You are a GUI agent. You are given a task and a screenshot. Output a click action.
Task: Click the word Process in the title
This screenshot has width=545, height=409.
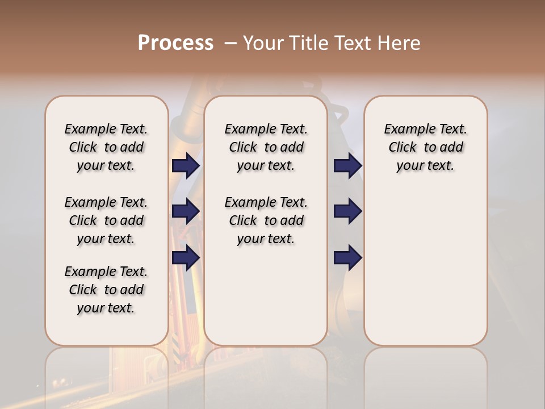coord(175,43)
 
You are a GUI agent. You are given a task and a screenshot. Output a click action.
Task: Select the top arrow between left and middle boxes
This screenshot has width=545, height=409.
coord(186,165)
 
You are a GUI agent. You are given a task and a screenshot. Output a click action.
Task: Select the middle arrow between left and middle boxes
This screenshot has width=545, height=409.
coord(186,211)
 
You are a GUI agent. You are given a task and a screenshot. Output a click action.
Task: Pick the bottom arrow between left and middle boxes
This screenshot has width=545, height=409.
coord(186,257)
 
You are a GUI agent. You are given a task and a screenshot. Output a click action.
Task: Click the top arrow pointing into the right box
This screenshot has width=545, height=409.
coord(347,165)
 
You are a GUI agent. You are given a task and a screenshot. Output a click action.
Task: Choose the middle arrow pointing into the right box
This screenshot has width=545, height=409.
coord(347,211)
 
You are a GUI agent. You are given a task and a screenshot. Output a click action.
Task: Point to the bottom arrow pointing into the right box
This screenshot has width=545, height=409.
coord(347,258)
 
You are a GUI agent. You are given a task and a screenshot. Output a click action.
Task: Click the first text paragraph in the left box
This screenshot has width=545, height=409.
coord(106,147)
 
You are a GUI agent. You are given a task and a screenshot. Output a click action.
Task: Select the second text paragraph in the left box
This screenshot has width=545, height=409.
coord(106,220)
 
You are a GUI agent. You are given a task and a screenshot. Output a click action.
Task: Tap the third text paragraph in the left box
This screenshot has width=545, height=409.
coord(106,290)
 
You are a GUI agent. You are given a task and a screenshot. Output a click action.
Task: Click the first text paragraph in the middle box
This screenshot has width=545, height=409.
coord(266,147)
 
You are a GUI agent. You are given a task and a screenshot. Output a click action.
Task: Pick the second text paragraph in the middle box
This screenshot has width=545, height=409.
coord(266,220)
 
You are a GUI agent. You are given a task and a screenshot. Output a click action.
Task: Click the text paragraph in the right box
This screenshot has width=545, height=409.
coord(426,147)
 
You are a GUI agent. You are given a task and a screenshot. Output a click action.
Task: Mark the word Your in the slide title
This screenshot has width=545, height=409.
coord(262,43)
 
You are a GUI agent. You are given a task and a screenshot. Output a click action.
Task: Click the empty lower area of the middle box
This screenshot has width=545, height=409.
coord(266,295)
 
